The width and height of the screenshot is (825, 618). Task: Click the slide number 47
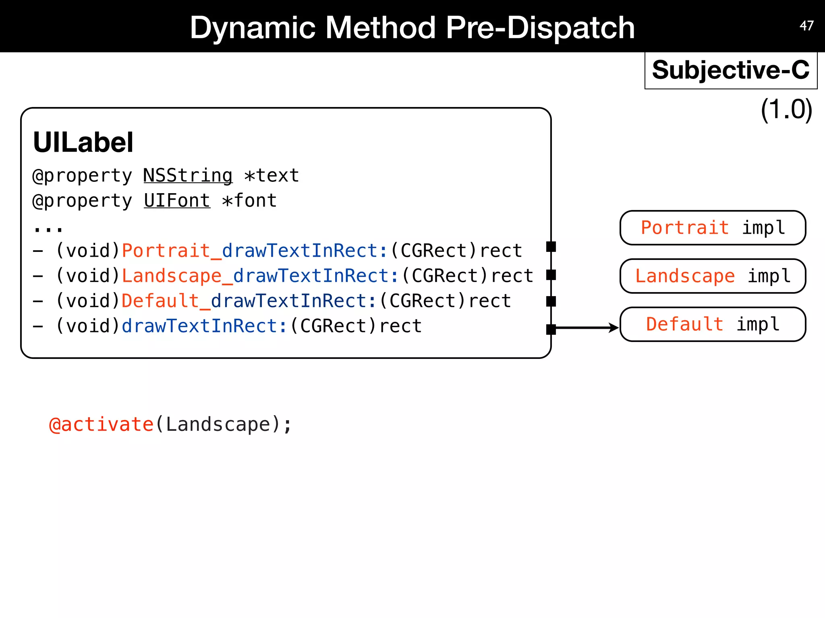(x=806, y=26)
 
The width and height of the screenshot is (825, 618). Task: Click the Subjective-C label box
(x=731, y=70)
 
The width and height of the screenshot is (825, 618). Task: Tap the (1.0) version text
(x=786, y=109)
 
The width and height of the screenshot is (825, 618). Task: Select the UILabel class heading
(x=83, y=142)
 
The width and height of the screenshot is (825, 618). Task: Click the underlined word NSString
(x=188, y=176)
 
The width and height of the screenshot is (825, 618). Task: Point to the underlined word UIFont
(x=177, y=201)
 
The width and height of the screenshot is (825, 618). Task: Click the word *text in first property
(x=272, y=176)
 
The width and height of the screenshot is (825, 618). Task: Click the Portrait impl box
(x=713, y=228)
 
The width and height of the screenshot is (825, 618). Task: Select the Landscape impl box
(x=713, y=276)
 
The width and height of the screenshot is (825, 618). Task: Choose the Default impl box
(x=713, y=324)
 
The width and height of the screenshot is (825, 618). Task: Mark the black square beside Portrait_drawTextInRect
(x=551, y=247)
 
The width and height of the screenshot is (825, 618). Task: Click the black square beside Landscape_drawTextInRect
(x=551, y=275)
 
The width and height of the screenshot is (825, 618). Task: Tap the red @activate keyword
(x=101, y=425)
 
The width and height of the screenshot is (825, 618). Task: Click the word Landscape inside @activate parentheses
(x=218, y=425)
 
